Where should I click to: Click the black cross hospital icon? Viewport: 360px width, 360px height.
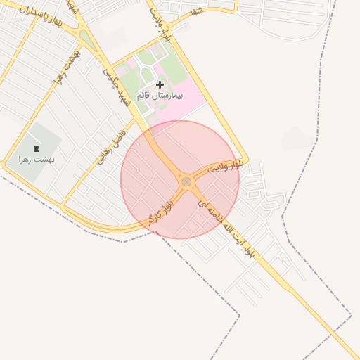160,84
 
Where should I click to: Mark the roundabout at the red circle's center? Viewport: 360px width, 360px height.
186,181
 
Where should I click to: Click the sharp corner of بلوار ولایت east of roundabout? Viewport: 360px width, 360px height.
246,160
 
